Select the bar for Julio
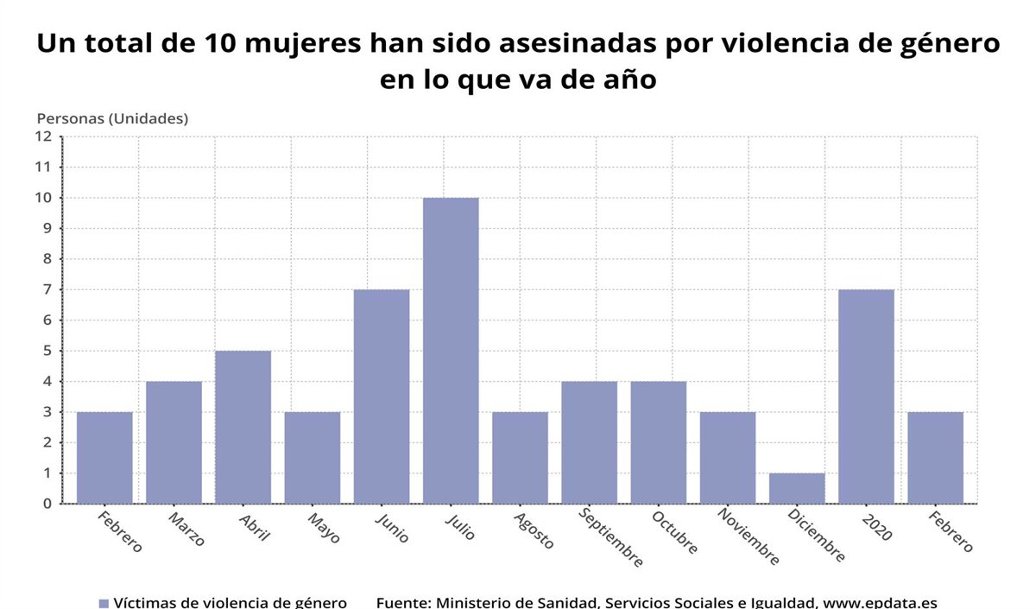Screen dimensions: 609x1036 [451, 351]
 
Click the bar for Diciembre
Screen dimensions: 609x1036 [797, 488]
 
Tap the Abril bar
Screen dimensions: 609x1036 [243, 427]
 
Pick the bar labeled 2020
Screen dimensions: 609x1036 [866, 396]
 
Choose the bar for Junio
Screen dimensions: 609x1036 [382, 396]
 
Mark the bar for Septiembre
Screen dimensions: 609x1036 [589, 442]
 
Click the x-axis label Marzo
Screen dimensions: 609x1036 [186, 530]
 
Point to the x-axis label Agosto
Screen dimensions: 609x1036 [534, 530]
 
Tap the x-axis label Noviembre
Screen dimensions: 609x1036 [749, 536]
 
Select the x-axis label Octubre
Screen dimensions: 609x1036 [674, 533]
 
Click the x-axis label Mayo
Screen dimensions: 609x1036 [325, 528]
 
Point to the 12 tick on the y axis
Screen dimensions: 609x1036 [43, 136]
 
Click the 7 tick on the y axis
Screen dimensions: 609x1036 [47, 289]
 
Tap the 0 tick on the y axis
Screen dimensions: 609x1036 [47, 504]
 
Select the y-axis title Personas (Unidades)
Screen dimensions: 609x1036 [112, 118]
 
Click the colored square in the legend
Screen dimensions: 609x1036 [104, 603]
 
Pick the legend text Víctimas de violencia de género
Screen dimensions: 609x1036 [231, 603]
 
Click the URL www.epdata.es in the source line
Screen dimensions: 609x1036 [880, 603]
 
